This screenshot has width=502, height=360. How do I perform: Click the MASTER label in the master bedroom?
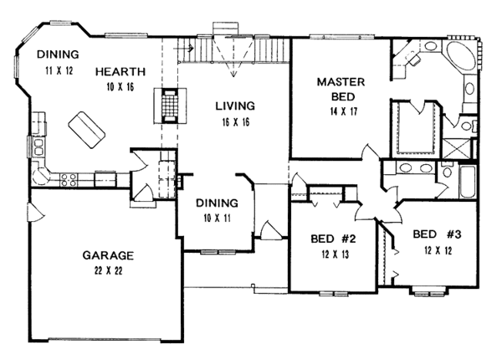pos(337,81)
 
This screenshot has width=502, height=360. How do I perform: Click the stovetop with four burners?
pos(69,177)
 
